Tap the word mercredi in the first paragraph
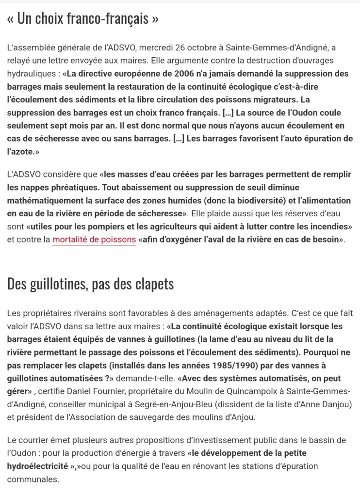[x=157, y=48]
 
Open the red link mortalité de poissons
[x=94, y=240]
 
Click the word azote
[x=20, y=152]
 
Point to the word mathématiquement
[x=45, y=200]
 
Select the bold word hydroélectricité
[x=37, y=466]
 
